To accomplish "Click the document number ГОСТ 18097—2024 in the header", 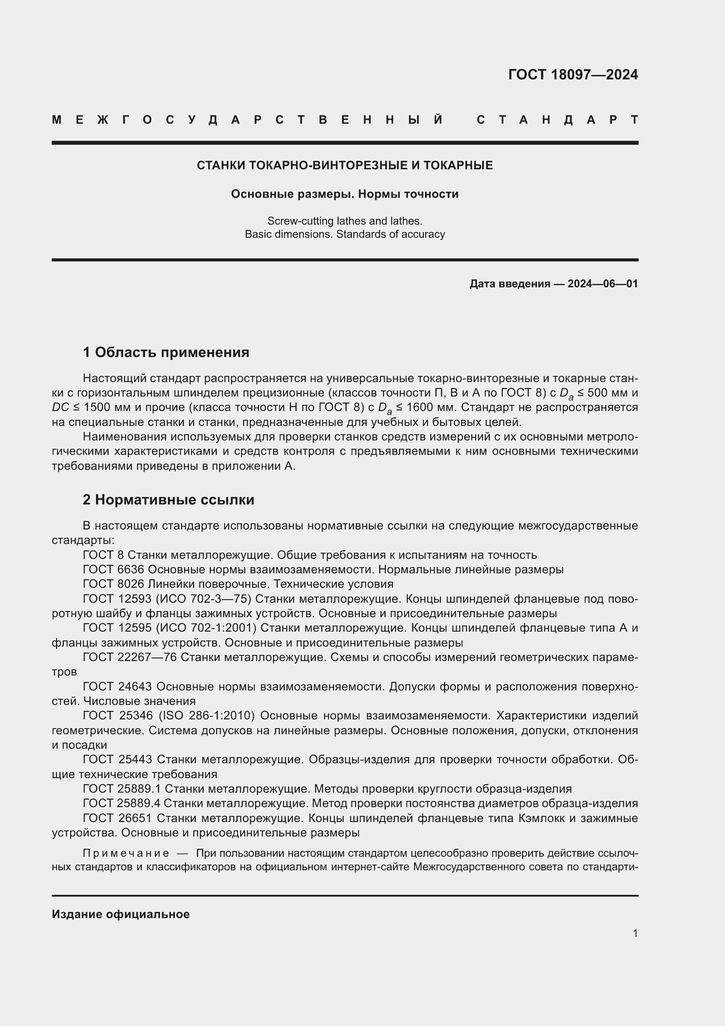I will coord(573,75).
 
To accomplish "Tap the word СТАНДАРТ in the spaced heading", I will coord(557,120).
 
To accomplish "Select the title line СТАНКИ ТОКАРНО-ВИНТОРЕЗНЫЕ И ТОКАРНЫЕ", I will coord(345,165).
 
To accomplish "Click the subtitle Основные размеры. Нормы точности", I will coord(345,194).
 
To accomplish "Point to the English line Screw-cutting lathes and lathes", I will coord(345,221).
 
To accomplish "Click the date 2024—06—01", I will coord(603,284).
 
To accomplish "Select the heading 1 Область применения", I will coord(166,353).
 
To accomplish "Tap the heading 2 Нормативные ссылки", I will coord(168,500).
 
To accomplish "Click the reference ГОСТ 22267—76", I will coord(130,658).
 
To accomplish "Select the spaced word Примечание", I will coord(126,854).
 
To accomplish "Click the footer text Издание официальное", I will coord(121,914).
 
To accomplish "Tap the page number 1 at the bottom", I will coord(635,933).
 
